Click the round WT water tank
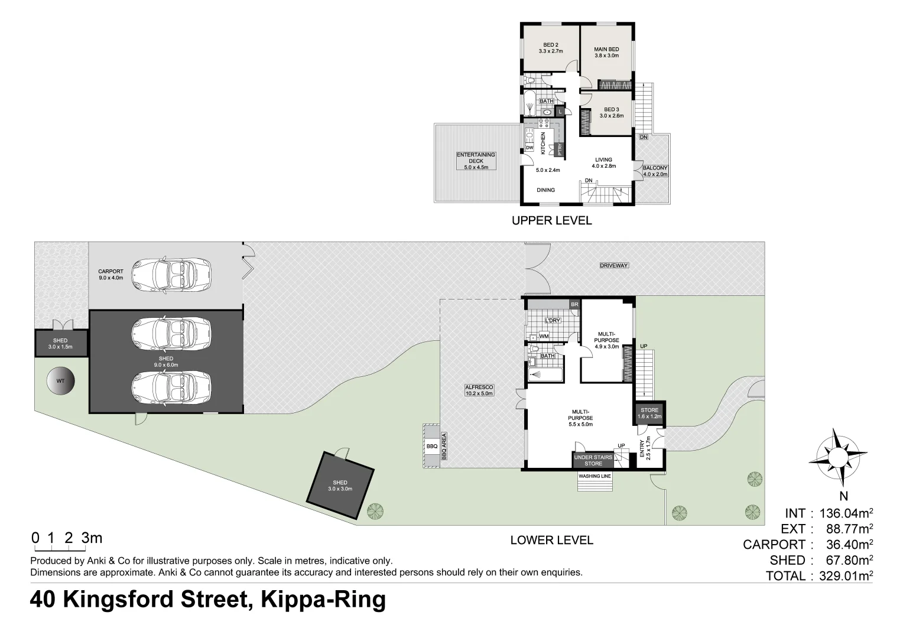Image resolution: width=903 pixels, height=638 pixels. click(61, 381)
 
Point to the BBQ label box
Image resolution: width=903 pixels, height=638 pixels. click(431, 447)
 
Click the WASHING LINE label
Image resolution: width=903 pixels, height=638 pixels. click(595, 476)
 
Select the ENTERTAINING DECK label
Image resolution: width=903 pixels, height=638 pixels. click(476, 161)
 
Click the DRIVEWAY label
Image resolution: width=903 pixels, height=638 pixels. click(614, 266)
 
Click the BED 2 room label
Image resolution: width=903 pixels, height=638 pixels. click(551, 48)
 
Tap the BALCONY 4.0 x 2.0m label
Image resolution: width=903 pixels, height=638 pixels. click(655, 171)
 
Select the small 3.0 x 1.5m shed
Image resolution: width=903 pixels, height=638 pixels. click(61, 344)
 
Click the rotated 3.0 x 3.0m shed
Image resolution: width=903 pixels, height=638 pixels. click(341, 486)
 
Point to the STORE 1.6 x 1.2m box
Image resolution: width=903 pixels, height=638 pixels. click(649, 414)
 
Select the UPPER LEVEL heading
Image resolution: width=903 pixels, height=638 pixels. click(551, 221)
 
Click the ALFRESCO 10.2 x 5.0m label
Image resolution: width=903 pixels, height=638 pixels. click(479, 390)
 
